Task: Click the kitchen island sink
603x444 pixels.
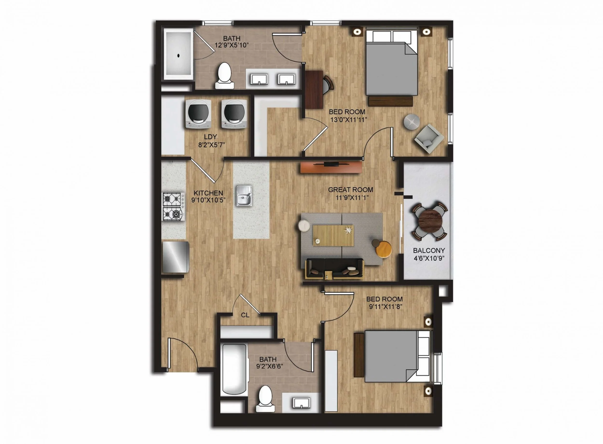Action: click(x=244, y=196)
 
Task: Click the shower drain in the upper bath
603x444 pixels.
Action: click(x=178, y=56)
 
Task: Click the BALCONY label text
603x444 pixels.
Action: click(x=429, y=251)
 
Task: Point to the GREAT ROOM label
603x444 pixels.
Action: click(x=350, y=190)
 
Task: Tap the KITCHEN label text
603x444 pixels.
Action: click(x=208, y=193)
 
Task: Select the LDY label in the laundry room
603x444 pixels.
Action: click(x=210, y=137)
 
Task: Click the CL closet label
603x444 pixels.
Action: click(x=245, y=315)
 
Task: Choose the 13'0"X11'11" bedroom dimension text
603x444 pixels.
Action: click(x=349, y=120)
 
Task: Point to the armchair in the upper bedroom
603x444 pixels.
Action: click(x=429, y=139)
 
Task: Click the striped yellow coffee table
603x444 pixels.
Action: click(x=333, y=235)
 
